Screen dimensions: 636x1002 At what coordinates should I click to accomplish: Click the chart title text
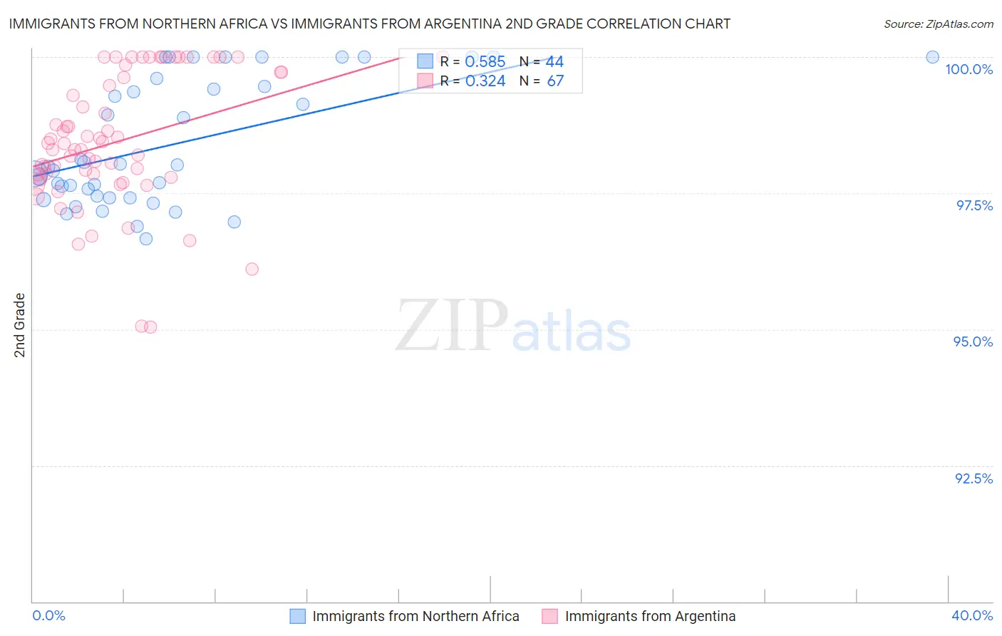[x=369, y=24]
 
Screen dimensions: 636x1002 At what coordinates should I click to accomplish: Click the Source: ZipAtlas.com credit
[x=938, y=24]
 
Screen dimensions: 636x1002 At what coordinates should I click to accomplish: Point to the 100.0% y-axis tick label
[x=969, y=69]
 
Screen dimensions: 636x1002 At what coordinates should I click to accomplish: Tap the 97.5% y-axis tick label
[x=973, y=205]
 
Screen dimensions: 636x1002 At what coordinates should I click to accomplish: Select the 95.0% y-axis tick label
[x=973, y=342]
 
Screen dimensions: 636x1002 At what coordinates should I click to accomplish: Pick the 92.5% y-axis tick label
[x=973, y=478]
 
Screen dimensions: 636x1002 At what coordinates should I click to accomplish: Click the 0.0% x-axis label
[x=48, y=615]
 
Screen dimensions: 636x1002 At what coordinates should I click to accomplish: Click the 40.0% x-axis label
[x=971, y=615]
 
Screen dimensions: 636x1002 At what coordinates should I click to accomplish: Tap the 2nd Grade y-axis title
[x=20, y=325]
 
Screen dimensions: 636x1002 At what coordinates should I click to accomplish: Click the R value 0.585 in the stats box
[x=485, y=62]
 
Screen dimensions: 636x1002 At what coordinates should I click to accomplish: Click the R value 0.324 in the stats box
[x=485, y=81]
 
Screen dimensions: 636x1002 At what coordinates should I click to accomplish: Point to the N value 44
[x=554, y=62]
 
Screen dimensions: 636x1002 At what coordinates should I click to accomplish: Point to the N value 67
[x=555, y=81]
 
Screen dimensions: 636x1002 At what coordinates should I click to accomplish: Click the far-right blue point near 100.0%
[x=932, y=57]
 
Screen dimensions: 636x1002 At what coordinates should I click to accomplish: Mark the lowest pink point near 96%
[x=252, y=269]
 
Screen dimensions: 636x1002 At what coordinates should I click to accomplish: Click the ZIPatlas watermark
[x=513, y=327]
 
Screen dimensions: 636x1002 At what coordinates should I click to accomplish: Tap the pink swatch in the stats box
[x=425, y=81]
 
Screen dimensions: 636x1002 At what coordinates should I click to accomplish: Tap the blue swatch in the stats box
[x=425, y=61]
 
